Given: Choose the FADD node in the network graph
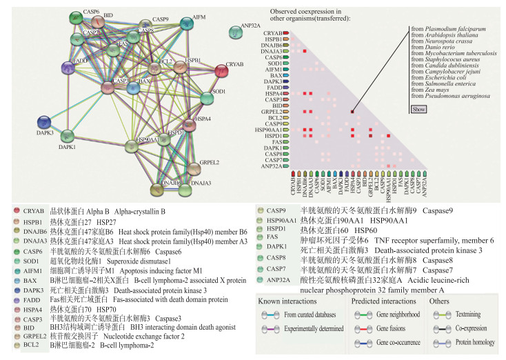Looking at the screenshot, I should (68, 68).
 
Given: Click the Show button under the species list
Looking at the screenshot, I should (418, 109).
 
